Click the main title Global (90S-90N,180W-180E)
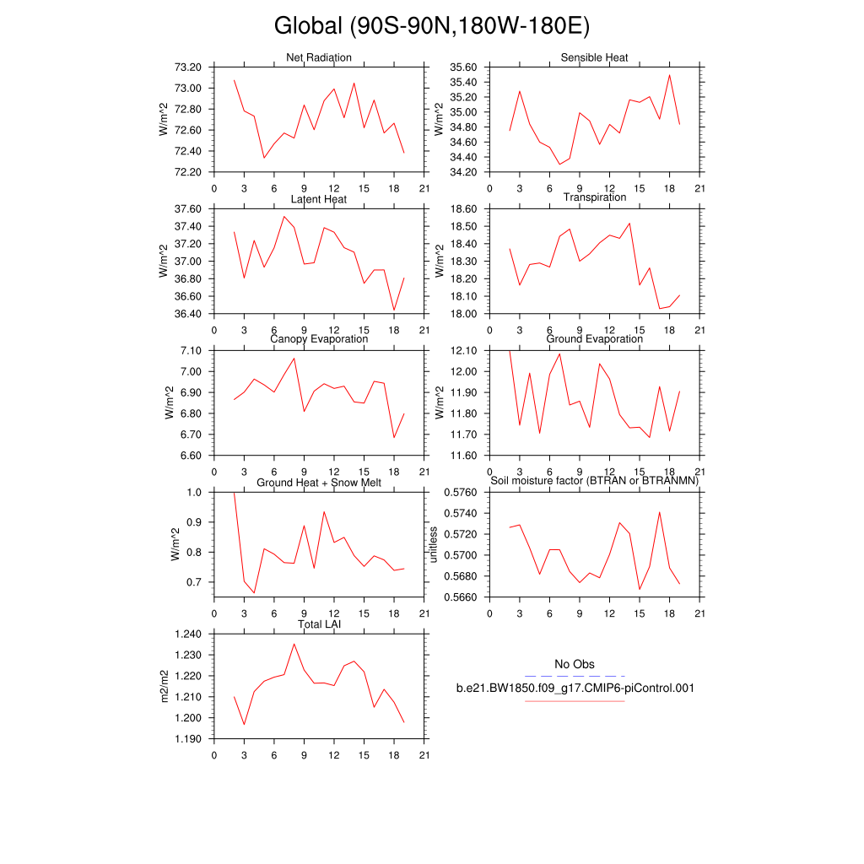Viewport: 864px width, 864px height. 431,26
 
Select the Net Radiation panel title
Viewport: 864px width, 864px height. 319,57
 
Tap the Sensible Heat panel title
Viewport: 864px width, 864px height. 594,57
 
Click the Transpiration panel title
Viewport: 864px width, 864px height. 594,197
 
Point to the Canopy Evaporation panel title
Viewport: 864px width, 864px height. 319,339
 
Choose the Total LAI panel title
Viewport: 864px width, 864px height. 319,624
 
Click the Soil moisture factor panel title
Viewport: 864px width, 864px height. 594,481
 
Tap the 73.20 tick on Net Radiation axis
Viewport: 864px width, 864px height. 187,67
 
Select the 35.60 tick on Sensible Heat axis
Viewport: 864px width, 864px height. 463,67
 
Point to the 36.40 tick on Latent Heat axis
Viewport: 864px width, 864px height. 187,314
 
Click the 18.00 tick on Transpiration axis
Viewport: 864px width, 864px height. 463,314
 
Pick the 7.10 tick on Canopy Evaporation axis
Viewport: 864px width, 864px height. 191,350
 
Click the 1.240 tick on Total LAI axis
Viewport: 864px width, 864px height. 187,634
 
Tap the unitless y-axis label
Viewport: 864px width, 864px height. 435,545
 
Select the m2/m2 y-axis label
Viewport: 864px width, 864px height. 165,687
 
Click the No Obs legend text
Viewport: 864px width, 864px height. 574,664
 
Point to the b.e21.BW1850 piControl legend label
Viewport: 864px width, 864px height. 575,688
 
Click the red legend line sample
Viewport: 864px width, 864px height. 575,701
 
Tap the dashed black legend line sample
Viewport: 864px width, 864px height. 575,676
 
